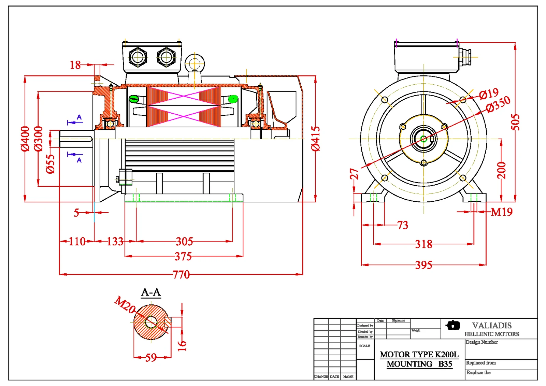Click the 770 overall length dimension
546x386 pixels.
[x=181, y=274]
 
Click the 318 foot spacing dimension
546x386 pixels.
[x=423, y=244]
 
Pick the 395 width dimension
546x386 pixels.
[x=423, y=265]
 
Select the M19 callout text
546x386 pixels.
[x=501, y=212]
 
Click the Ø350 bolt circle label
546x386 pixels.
[x=498, y=104]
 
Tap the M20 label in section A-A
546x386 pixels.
[x=125, y=304]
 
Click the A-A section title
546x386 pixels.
[x=151, y=292]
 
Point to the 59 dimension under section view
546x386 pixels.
[x=151, y=358]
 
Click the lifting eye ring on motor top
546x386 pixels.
[x=195, y=63]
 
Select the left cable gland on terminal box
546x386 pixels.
[x=138, y=57]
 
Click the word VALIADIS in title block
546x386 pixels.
[x=492, y=326]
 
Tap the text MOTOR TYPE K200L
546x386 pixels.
[x=419, y=355]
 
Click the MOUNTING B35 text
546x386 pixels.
[x=419, y=364]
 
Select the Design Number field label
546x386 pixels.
[x=482, y=342]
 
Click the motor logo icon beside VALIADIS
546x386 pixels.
[x=453, y=325]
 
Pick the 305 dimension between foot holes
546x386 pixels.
[x=184, y=242]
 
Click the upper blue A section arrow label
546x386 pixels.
[x=79, y=117]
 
